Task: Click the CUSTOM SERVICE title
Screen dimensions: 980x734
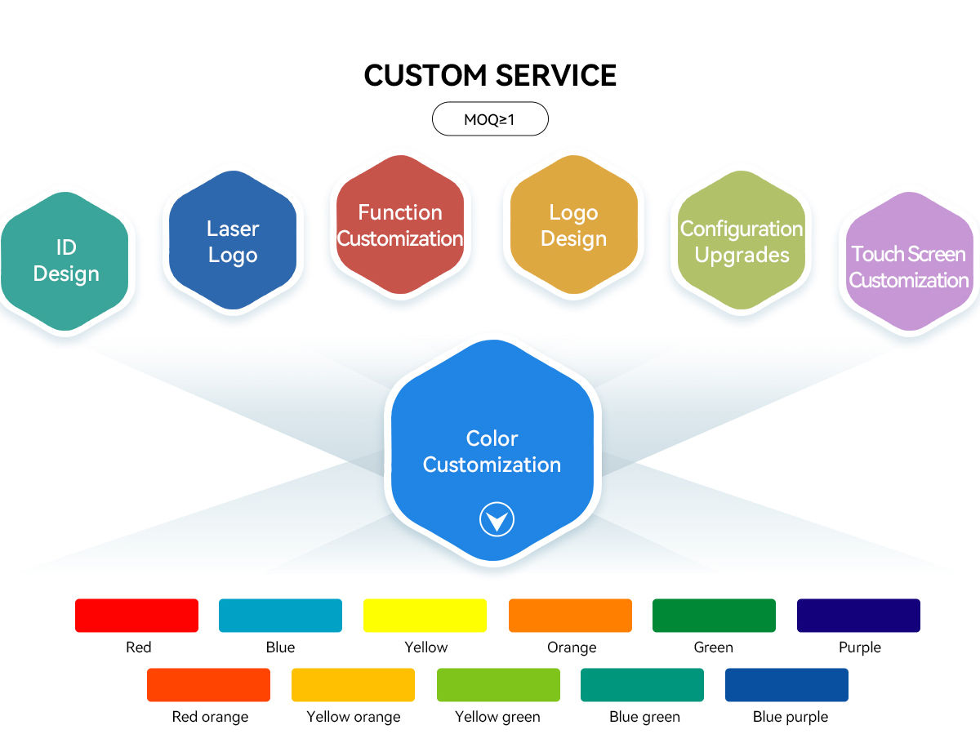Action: point(490,75)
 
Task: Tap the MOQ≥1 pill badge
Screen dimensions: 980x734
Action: point(490,118)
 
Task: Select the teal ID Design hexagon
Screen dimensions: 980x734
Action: point(65,261)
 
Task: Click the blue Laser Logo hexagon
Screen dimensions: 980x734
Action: point(233,240)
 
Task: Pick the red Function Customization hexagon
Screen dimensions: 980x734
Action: point(400,225)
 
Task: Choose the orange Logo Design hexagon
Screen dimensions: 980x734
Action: point(574,225)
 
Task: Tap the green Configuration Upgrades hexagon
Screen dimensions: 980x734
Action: point(742,240)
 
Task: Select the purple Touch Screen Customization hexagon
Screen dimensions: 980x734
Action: point(910,261)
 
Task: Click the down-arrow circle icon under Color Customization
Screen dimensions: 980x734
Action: point(497,519)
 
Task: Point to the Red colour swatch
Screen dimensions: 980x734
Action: point(136,616)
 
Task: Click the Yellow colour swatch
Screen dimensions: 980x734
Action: point(425,616)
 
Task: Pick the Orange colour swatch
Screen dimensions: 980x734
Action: point(570,616)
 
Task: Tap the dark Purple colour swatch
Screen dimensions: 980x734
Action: point(858,616)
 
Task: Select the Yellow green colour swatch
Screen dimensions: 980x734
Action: point(498,684)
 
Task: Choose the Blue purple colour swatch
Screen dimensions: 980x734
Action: point(786,684)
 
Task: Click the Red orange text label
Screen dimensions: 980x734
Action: point(210,717)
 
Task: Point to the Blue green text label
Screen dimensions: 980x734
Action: point(644,717)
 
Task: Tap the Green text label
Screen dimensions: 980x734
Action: point(713,647)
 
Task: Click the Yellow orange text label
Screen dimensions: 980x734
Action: point(353,717)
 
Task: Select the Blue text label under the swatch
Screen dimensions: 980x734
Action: point(280,647)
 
